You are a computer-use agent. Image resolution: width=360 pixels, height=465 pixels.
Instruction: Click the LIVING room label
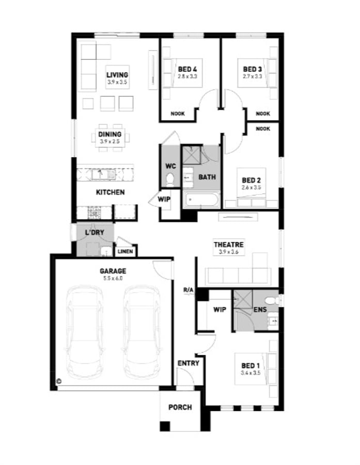(117, 75)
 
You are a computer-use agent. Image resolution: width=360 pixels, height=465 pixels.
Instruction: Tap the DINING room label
(110, 134)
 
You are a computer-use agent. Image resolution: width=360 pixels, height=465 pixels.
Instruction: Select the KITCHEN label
(110, 192)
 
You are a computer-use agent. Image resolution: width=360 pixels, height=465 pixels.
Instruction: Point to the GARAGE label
(113, 271)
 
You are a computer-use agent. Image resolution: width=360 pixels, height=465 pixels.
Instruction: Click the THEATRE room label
(228, 244)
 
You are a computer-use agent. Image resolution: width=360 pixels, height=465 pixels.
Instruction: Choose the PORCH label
(180, 407)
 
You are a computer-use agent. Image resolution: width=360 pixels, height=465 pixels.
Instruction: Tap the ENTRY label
(188, 363)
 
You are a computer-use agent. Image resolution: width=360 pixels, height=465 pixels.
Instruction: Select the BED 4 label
(187, 69)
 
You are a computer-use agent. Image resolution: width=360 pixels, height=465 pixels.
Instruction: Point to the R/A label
(188, 290)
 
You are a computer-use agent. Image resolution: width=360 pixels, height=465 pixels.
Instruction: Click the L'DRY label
(95, 233)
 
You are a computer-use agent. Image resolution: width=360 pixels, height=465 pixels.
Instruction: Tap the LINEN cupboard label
(126, 252)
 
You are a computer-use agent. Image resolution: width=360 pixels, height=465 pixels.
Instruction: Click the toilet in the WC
(170, 179)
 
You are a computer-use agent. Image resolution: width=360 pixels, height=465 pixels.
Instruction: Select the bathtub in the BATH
(201, 199)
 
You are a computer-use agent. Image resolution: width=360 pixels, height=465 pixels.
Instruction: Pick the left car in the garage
(85, 331)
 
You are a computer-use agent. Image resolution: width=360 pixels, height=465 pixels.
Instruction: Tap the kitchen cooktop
(95, 211)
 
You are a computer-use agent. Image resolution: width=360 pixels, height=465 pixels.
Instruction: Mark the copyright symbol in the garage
(59, 381)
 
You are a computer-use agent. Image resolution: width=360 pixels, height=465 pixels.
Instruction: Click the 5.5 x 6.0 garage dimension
(113, 278)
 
